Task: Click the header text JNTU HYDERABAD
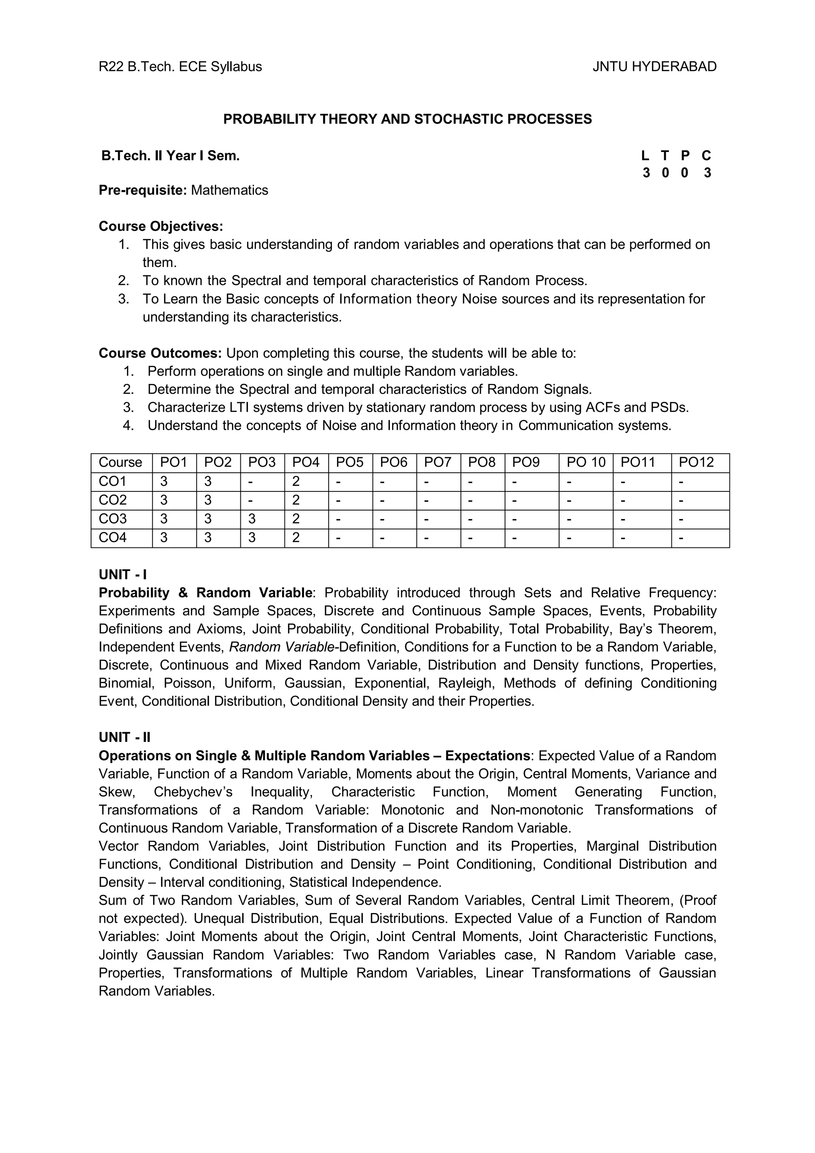[654, 67]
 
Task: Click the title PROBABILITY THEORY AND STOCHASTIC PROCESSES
[407, 119]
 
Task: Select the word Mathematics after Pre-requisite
[230, 190]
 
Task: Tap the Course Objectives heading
[161, 226]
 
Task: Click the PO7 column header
[437, 462]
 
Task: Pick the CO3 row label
[113, 519]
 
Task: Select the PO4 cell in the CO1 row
[296, 481]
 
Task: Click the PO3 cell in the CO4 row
[252, 538]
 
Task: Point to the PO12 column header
[696, 462]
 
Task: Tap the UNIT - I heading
[123, 575]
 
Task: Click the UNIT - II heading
[125, 737]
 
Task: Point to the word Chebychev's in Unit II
[193, 792]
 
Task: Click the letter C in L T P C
[706, 156]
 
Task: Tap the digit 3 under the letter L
[646, 173]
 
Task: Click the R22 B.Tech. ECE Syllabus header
[180, 67]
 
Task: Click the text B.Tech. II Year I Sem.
[171, 156]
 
